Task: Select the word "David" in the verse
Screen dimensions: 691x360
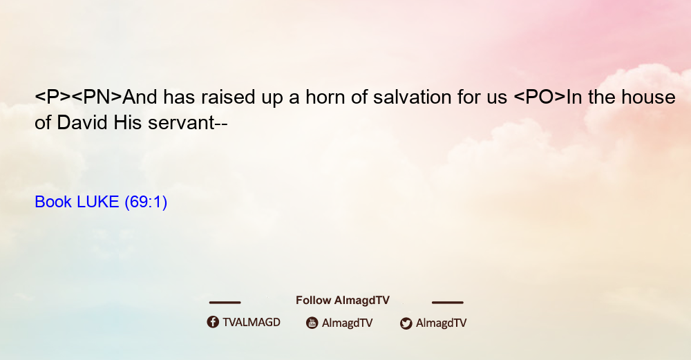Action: (82, 122)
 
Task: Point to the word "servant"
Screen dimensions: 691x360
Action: (181, 123)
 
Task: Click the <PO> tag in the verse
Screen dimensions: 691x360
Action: (540, 97)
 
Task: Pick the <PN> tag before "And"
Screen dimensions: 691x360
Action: (97, 97)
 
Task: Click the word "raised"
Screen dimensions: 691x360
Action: (228, 97)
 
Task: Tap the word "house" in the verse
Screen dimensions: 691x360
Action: (648, 97)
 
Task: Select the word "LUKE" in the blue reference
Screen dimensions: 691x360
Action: (98, 202)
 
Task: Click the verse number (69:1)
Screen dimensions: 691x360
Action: (146, 202)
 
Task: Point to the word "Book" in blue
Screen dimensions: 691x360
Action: (53, 202)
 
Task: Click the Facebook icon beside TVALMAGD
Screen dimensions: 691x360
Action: (213, 322)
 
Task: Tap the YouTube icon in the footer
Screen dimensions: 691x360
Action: (312, 323)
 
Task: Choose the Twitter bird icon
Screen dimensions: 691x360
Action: (406, 323)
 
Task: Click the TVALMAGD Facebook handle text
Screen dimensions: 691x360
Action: (252, 323)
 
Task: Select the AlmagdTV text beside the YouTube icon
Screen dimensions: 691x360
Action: (348, 323)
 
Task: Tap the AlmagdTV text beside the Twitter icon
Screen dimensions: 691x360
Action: (441, 323)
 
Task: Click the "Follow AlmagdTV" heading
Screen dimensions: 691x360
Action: (343, 300)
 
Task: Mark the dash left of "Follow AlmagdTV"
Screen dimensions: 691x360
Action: (225, 302)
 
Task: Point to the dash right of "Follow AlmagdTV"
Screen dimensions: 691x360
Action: (448, 302)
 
